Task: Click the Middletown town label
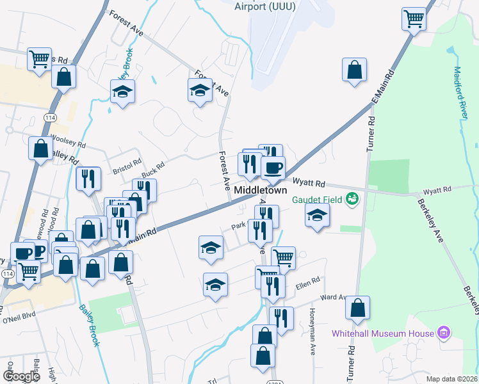pyautogui.click(x=260, y=191)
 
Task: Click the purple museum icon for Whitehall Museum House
pyautogui.click(x=443, y=333)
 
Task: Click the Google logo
pyautogui.click(x=22, y=376)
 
